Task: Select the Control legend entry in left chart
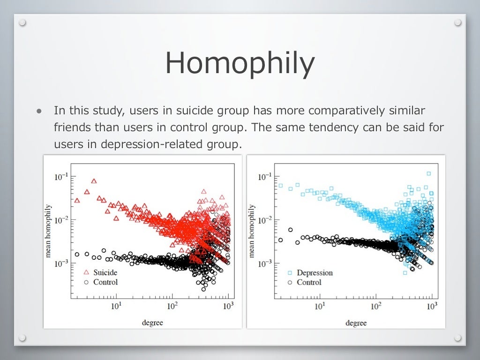pos(105,282)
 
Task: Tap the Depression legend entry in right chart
pos(315,273)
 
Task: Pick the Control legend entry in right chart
pos(309,283)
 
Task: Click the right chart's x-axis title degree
pos(356,322)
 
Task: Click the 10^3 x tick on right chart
pos(432,307)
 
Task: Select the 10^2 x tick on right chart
pos(376,307)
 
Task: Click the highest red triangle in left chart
pos(94,181)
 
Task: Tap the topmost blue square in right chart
pos(428,173)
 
